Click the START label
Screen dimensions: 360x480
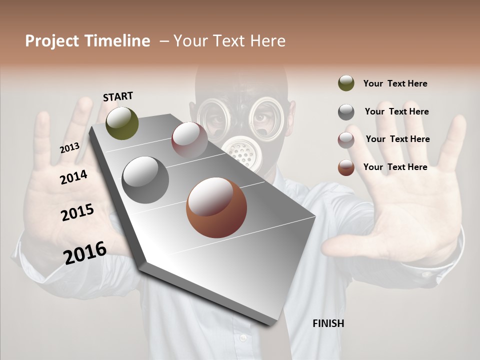118,96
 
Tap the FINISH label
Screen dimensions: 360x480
328,323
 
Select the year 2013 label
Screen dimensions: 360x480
70,148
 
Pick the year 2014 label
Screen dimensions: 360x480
73,177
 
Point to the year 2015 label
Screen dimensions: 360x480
77,212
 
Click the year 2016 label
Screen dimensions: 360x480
85,252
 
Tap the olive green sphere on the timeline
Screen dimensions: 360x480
122,123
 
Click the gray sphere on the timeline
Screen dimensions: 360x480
145,180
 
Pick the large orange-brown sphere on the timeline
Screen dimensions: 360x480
216,207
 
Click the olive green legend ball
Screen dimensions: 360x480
346,83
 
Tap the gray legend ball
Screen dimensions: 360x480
346,112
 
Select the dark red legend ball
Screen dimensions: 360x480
346,140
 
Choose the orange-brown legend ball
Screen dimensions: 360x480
346,167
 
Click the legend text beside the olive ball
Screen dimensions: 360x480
395,83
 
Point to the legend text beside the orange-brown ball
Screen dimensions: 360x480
395,167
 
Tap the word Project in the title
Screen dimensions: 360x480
52,41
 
